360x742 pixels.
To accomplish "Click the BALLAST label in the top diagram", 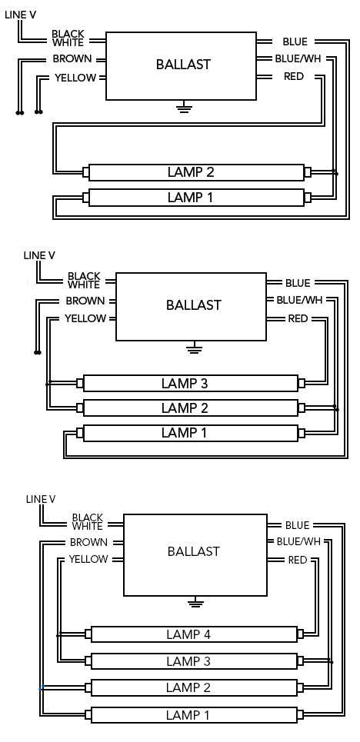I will (x=182, y=65).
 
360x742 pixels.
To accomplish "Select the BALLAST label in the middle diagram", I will (x=193, y=305).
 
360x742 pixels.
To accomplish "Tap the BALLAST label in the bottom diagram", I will (x=193, y=551).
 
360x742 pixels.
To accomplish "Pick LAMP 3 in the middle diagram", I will (x=185, y=383).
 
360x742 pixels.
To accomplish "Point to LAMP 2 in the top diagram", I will (x=190, y=171).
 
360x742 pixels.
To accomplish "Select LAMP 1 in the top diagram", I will (x=190, y=198).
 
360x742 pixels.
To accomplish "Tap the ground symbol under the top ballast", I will (x=182, y=108).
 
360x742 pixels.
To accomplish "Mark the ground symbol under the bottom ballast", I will (x=196, y=602).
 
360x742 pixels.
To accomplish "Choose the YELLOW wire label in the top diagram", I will (x=75, y=78).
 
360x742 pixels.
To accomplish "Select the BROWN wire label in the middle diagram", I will (x=85, y=301).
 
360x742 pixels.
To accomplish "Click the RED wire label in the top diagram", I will (x=293, y=76).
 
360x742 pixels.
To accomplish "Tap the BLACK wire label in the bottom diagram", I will (x=87, y=517).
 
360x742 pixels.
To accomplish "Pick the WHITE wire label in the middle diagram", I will (x=84, y=284).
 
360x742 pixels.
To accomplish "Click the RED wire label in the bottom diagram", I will (x=298, y=560).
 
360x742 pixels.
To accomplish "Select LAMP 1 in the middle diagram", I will (x=185, y=433).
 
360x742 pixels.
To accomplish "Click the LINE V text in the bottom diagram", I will (x=41, y=499).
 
